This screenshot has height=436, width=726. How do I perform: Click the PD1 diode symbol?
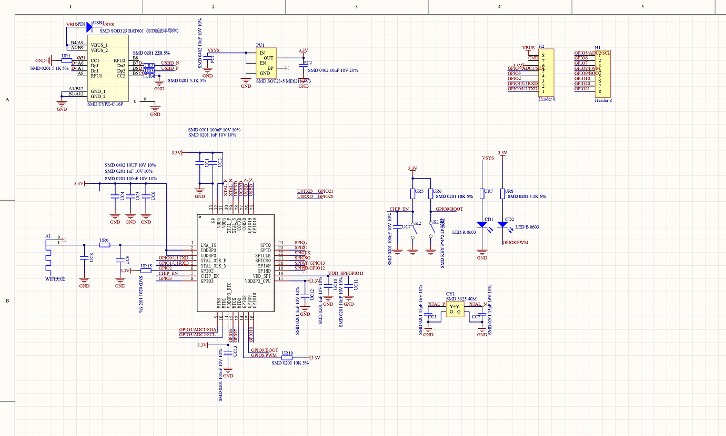coord(89,27)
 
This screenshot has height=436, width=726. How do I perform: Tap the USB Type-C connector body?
coord(107,71)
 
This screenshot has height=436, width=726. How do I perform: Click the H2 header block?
coord(546,72)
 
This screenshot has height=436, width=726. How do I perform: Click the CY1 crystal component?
coord(455,309)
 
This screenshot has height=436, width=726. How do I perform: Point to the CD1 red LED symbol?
coord(482,224)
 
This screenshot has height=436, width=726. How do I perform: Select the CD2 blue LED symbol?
coord(502,224)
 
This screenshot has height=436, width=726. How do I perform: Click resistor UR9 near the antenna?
coord(104,245)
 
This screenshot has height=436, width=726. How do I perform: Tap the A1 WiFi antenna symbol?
coord(48,257)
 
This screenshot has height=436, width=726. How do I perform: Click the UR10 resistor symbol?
coord(287,358)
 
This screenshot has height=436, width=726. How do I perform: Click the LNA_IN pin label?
coord(208,245)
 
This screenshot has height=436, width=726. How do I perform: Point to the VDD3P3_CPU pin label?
coord(257,281)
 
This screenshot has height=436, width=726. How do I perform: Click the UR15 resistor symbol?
coord(146,271)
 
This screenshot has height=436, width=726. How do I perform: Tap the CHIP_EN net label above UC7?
coord(399,209)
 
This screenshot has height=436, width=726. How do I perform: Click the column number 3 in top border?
coord(356,6)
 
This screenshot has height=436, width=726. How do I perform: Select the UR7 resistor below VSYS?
coord(482,193)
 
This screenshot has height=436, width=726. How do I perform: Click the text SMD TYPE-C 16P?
coord(105,104)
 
